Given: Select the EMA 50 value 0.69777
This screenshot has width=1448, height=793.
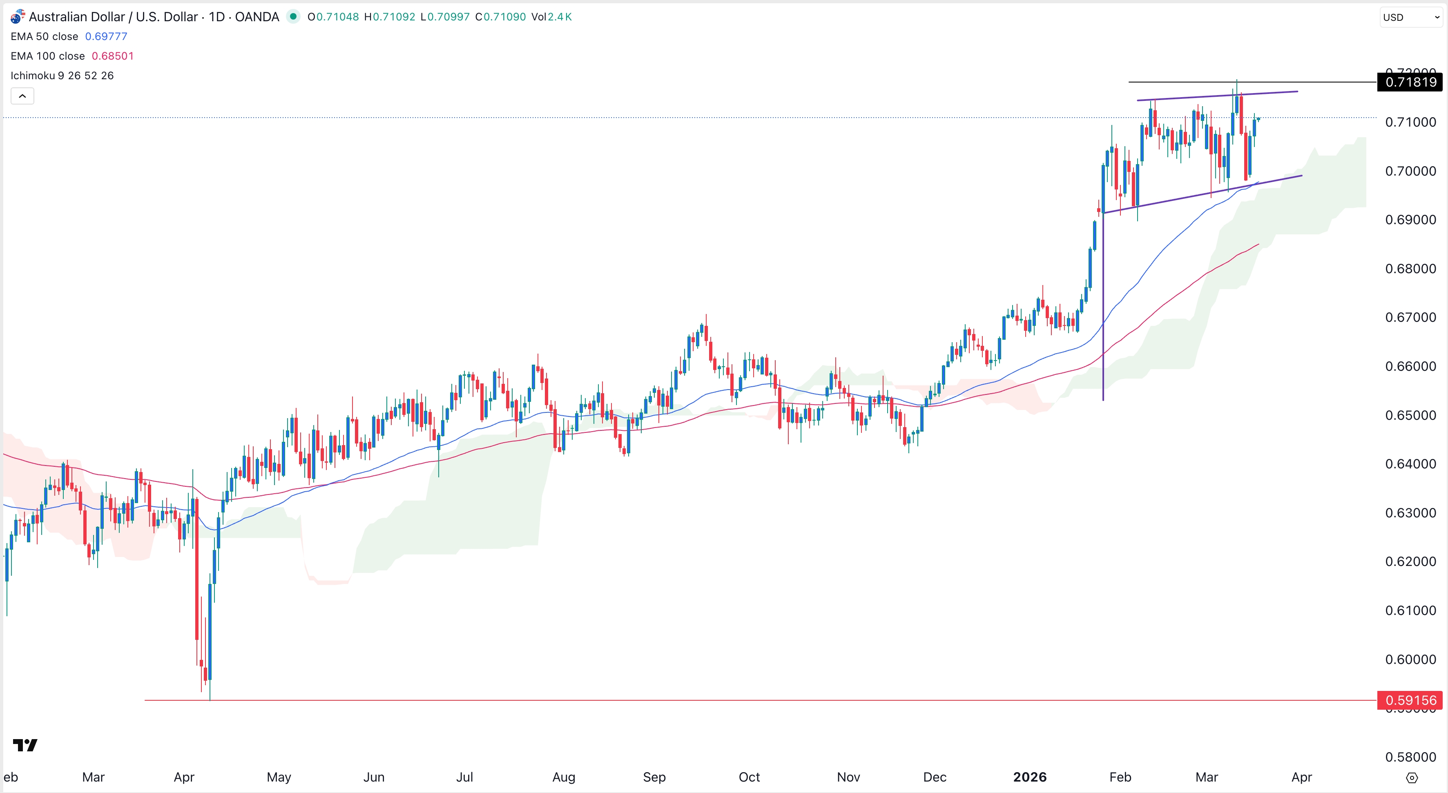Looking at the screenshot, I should pyautogui.click(x=106, y=36).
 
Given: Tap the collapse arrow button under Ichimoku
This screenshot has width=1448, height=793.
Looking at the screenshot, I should pyautogui.click(x=22, y=96).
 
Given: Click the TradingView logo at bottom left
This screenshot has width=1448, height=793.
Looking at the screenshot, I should pyautogui.click(x=25, y=745).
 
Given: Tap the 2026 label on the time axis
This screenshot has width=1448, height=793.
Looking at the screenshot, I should pyautogui.click(x=1030, y=777).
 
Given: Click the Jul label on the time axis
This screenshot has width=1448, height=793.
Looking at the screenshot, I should pyautogui.click(x=464, y=777).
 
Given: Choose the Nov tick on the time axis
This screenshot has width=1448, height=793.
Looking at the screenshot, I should pyautogui.click(x=848, y=777).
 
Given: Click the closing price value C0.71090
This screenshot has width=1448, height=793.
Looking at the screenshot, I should pyautogui.click(x=501, y=17).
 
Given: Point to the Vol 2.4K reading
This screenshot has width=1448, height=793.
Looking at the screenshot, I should pyautogui.click(x=551, y=17).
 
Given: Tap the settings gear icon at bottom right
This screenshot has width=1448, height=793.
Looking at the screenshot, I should pyautogui.click(x=1412, y=778).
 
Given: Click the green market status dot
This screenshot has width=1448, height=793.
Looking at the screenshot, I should pyautogui.click(x=293, y=16).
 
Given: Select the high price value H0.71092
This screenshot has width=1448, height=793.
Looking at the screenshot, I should pyautogui.click(x=390, y=17).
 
